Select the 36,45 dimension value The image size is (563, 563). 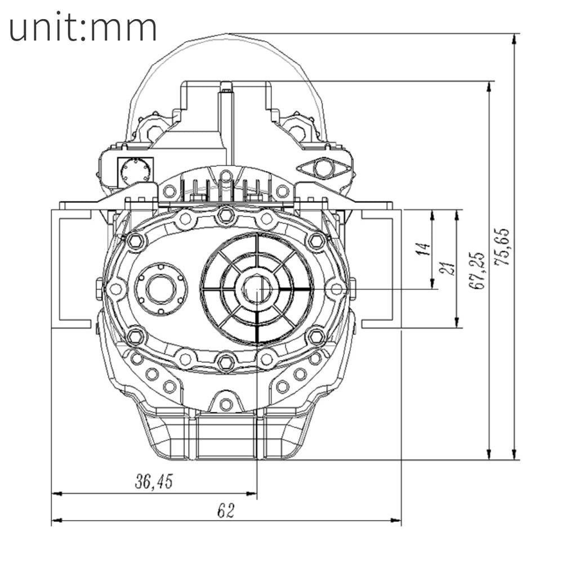154,481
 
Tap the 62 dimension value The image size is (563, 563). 225,510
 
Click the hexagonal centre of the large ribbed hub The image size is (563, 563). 257,289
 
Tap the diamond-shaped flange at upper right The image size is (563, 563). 322,167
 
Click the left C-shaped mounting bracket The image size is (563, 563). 70,269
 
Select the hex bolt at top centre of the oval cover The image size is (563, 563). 225,214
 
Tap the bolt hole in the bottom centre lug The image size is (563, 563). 226,404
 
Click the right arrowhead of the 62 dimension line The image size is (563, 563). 397,520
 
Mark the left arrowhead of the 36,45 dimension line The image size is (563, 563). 56,493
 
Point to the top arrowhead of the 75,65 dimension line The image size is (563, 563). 514,38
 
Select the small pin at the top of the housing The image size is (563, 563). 226,86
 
